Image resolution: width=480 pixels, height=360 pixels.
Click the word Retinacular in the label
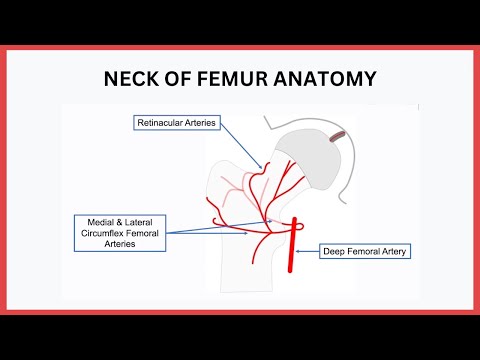(160, 123)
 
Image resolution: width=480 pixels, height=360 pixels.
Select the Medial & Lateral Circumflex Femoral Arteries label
(118, 231)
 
